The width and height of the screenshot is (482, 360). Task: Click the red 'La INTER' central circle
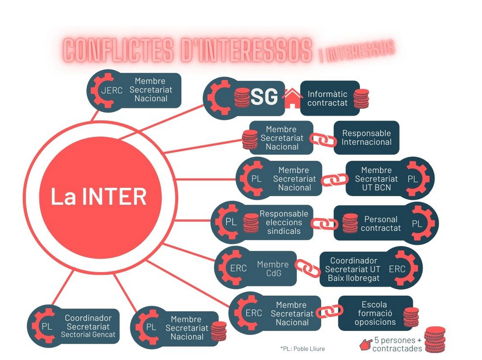(x=98, y=196)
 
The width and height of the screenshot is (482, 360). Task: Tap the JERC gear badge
(x=111, y=90)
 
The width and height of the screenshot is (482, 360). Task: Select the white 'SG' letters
(x=264, y=98)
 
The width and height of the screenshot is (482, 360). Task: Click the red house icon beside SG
(x=292, y=98)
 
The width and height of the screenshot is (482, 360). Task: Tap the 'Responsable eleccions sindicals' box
(x=284, y=222)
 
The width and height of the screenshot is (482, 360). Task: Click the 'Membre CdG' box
(x=273, y=268)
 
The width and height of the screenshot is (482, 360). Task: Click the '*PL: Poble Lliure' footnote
(x=303, y=349)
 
